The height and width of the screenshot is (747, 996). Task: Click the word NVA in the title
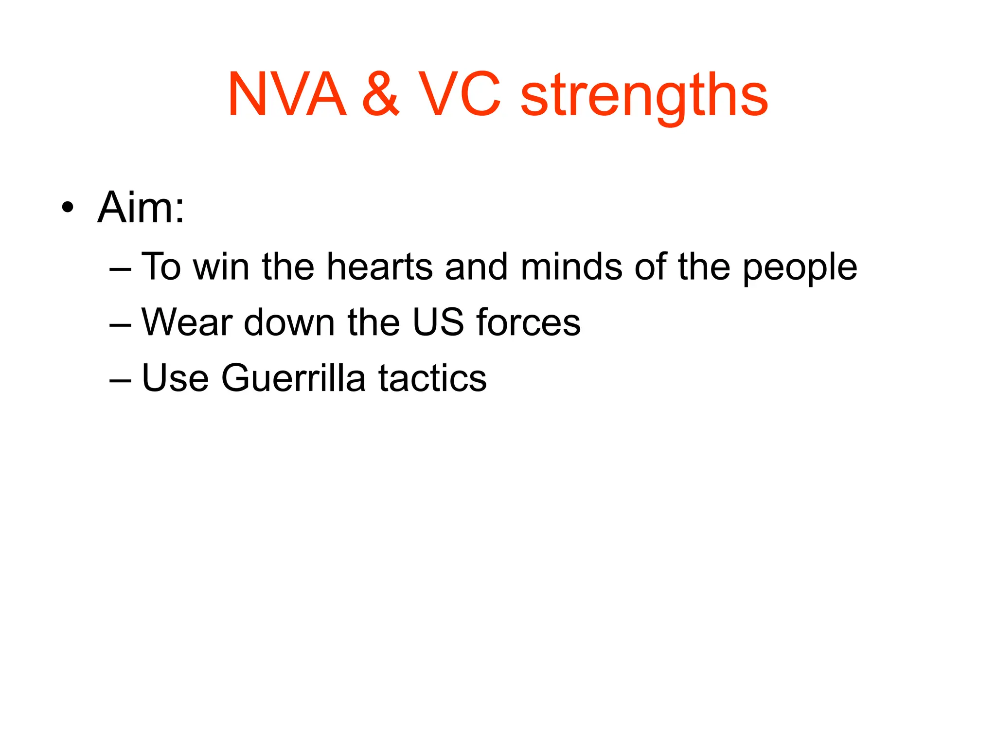[287, 95]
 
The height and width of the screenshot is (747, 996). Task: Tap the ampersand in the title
[381, 95]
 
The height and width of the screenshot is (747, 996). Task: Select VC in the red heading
[460, 95]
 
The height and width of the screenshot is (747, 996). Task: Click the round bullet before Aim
[68, 208]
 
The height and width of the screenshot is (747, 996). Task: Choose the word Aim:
[141, 208]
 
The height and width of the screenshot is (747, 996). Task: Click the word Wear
[187, 322]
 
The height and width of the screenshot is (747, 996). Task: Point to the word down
[289, 322]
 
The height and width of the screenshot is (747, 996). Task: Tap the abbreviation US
[438, 322]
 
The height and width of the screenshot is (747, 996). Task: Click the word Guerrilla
[293, 378]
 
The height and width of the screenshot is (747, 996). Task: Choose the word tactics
[432, 378]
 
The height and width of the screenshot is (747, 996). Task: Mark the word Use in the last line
[175, 378]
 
